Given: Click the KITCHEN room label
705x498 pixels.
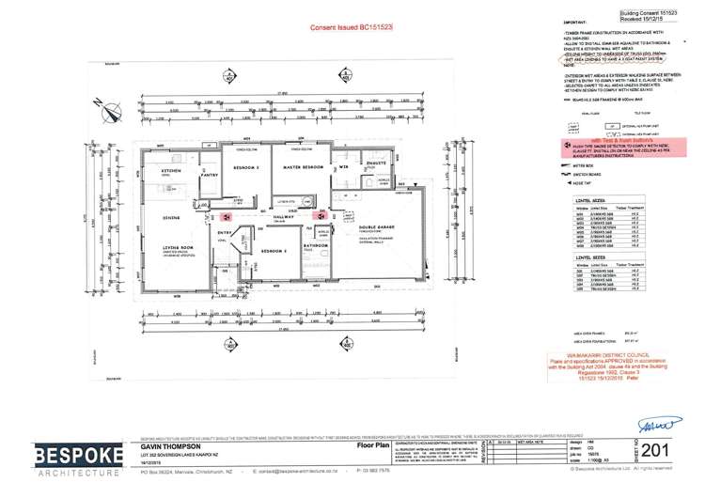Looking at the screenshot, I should click(x=170, y=171).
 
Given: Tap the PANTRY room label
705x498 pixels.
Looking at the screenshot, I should click(x=209, y=174).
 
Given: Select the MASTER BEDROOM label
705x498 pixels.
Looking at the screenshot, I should click(x=303, y=166).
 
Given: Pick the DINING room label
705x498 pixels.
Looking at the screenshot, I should click(x=170, y=218).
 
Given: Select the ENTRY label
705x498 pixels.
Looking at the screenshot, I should click(x=224, y=233).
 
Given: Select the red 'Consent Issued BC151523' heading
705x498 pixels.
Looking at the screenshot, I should click(x=352, y=28).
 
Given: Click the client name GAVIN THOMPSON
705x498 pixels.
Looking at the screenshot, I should click(x=168, y=445).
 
